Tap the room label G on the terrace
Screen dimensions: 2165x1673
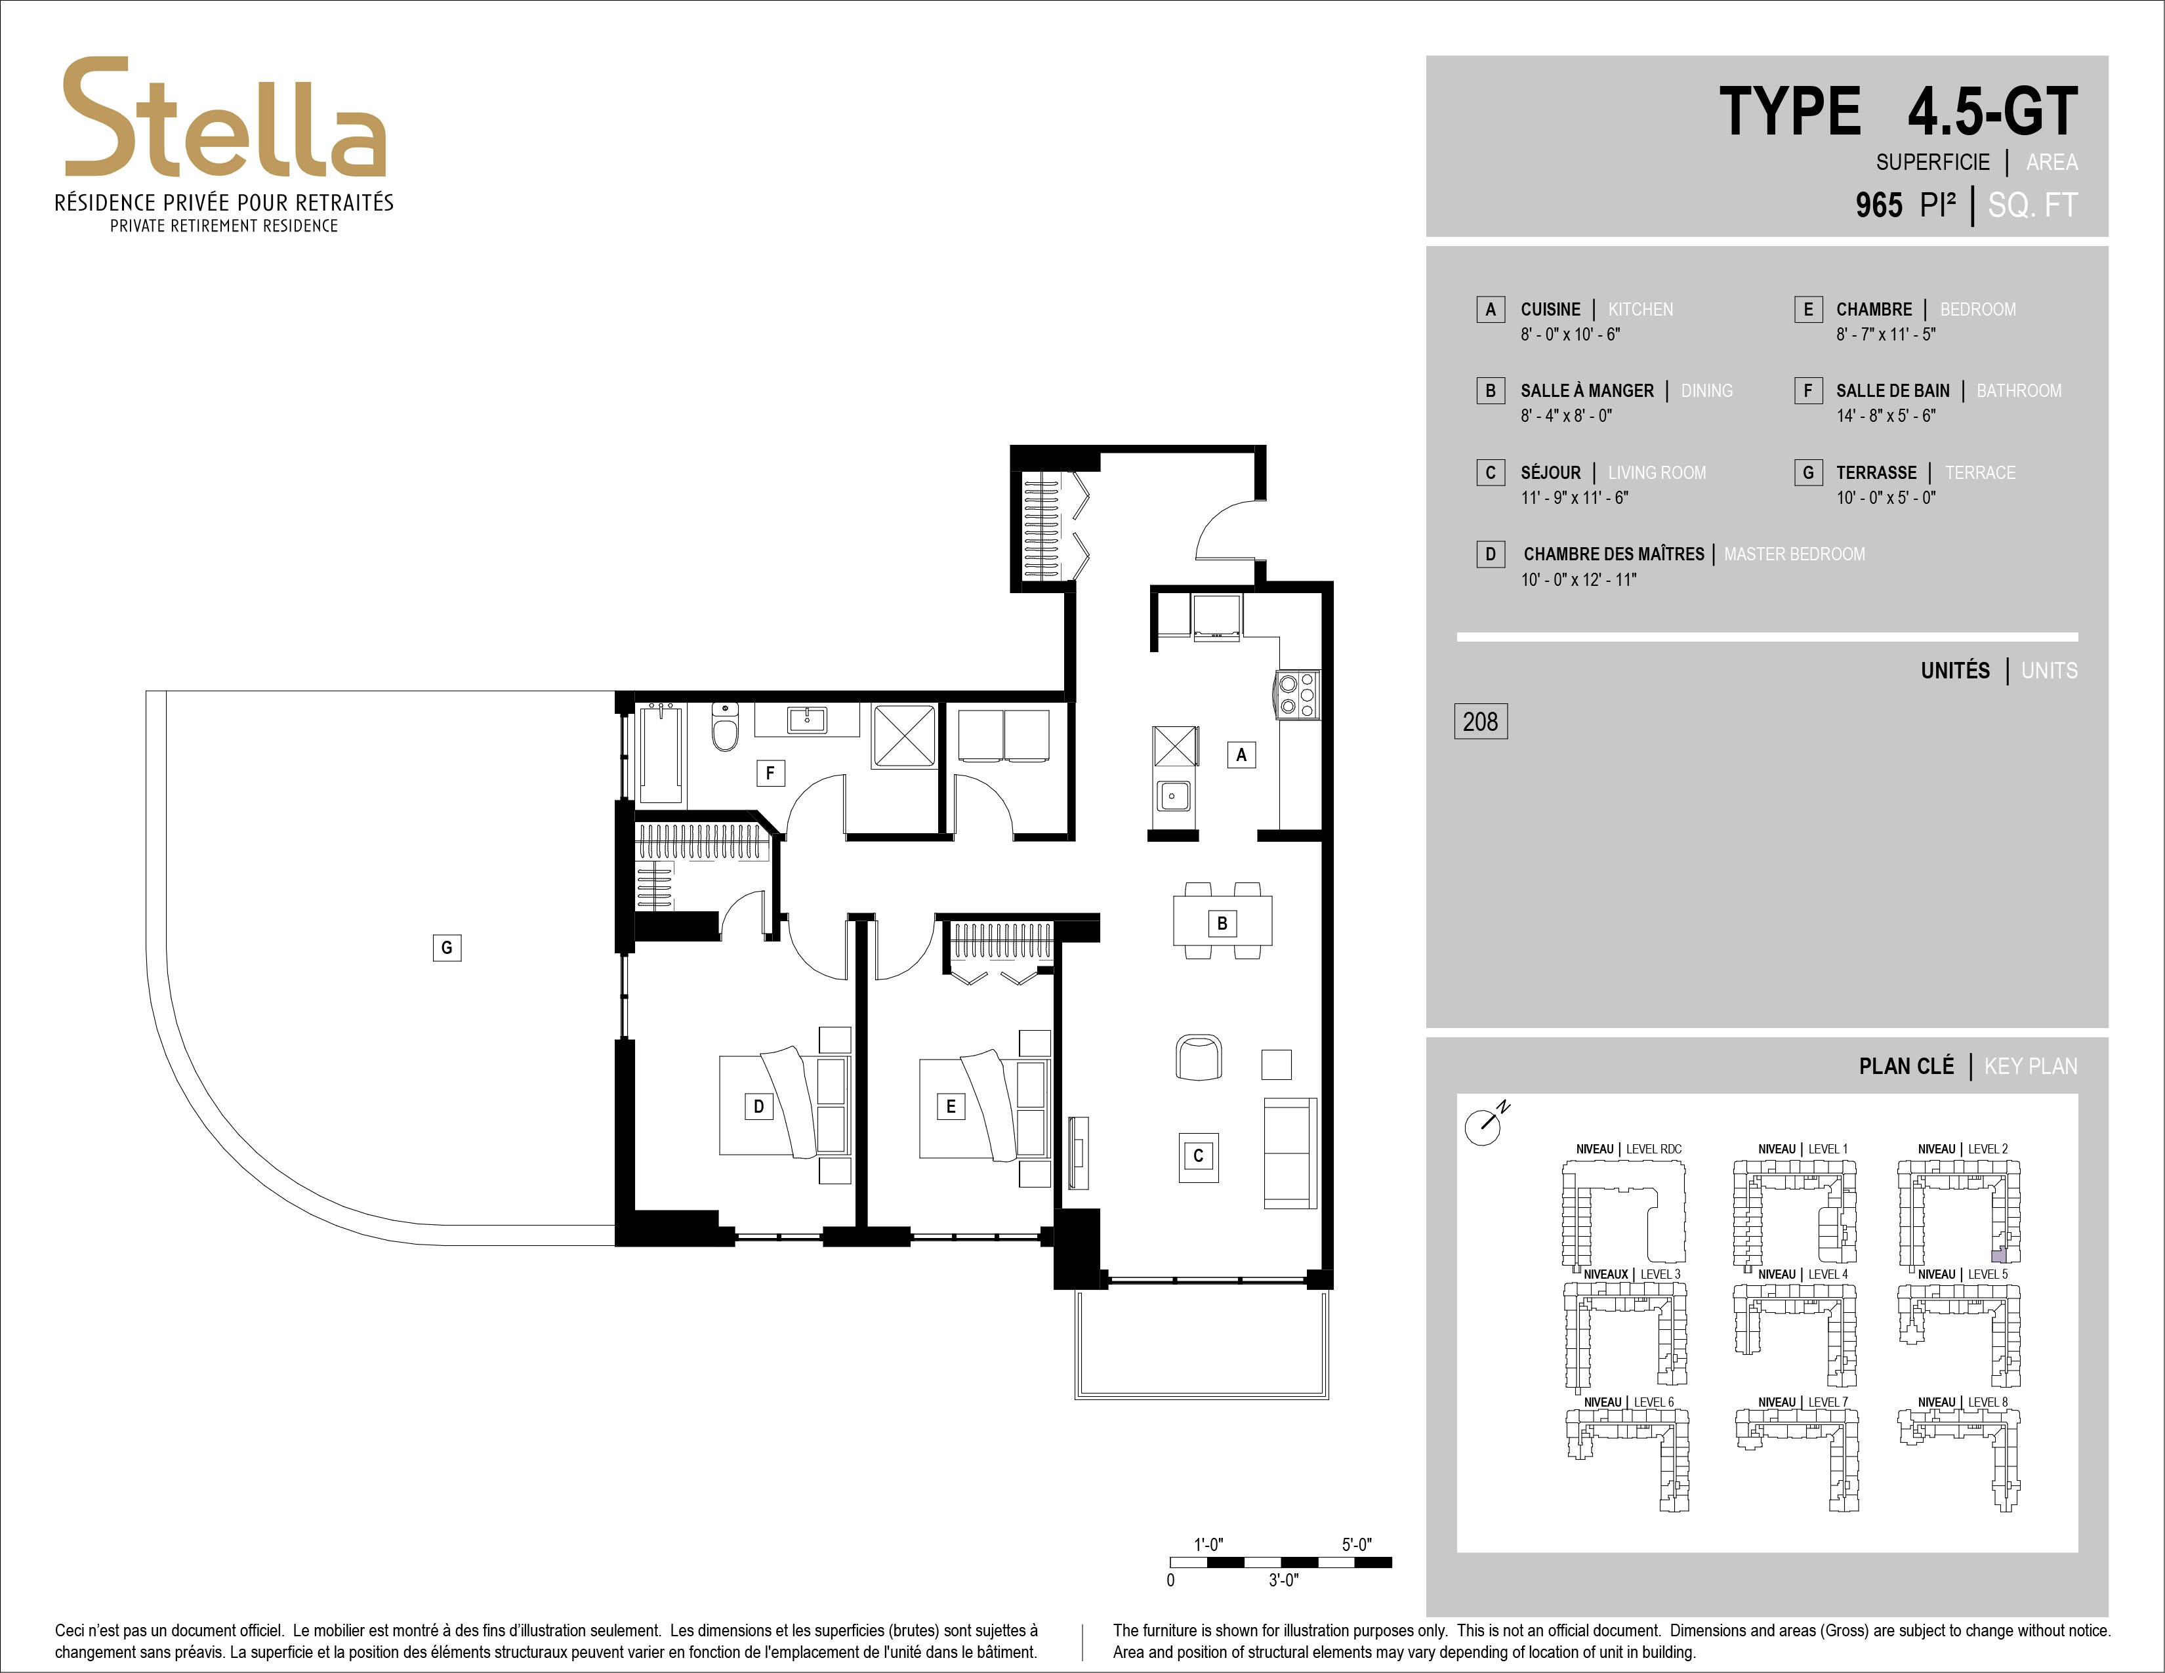click(x=447, y=947)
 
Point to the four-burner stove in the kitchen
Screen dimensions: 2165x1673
click(x=1296, y=693)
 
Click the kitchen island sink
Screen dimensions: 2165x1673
click(x=1174, y=795)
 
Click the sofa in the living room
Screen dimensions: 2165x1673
click(x=1290, y=1153)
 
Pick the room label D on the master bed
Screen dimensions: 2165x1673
click(x=758, y=1106)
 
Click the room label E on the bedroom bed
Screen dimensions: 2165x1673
click(x=951, y=1106)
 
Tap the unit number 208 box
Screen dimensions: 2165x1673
click(x=1480, y=722)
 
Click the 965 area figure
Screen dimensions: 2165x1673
click(x=1880, y=205)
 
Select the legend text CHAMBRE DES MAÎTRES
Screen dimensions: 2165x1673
click(x=1614, y=554)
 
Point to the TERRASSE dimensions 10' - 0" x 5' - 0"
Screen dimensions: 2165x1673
click(x=1886, y=497)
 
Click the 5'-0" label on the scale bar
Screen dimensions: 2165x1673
click(x=1356, y=1544)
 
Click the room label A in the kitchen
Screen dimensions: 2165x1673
click(x=1241, y=754)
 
